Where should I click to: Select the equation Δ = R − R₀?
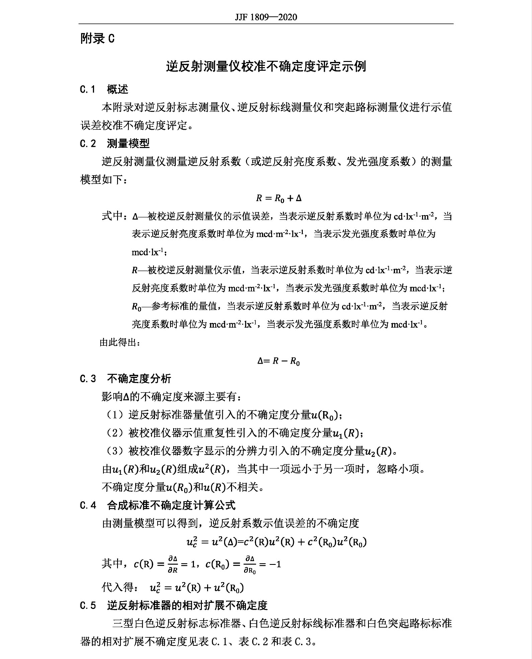(279, 361)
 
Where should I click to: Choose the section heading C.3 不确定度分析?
(125, 377)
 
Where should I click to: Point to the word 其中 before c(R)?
(112, 564)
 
